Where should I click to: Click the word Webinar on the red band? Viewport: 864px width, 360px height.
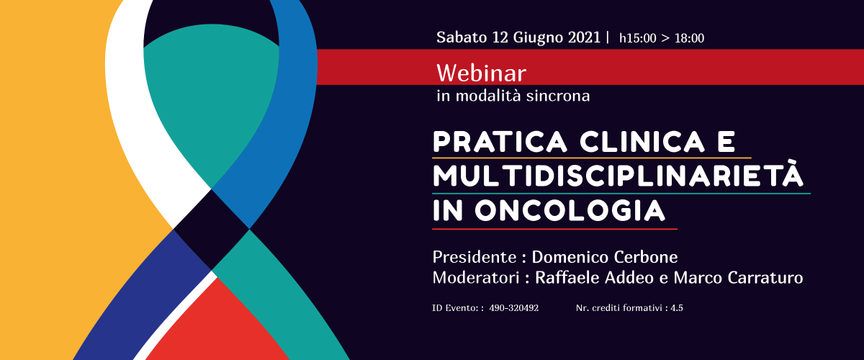pos(481,73)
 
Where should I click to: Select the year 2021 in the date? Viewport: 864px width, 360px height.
pos(584,37)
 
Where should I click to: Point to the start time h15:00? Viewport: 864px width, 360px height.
pos(638,38)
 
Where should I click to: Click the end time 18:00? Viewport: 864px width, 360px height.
pos(689,38)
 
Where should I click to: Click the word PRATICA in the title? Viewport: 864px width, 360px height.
pos(500,142)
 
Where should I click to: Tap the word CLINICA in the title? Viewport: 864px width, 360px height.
pos(642,142)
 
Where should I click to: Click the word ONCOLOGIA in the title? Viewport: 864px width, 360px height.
pos(570,211)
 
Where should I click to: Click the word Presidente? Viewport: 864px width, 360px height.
pos(474,257)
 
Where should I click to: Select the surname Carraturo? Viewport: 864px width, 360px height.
pos(765,278)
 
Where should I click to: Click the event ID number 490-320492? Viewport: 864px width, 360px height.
pos(514,308)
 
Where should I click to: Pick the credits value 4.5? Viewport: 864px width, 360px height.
pos(677,308)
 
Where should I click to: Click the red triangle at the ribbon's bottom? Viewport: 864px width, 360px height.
pos(218,328)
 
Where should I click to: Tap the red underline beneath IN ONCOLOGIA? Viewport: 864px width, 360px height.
pos(554,229)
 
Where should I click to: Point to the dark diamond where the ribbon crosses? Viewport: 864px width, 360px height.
pos(212,229)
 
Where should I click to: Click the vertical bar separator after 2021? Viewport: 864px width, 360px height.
pos(608,37)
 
